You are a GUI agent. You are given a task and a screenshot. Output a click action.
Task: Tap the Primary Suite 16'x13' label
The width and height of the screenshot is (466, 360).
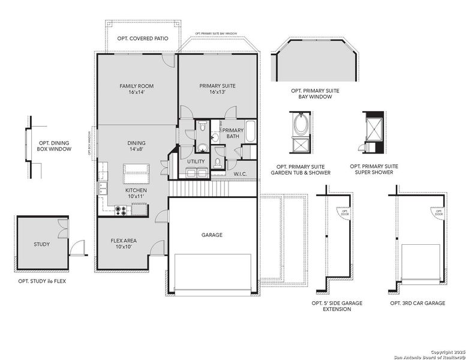point(217,89)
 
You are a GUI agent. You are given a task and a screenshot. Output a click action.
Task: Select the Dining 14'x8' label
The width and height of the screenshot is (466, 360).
point(136,146)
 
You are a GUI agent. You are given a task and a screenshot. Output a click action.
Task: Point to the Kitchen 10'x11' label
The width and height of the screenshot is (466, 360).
point(136,193)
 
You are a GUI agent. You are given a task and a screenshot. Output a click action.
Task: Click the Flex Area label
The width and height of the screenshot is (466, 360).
point(124,244)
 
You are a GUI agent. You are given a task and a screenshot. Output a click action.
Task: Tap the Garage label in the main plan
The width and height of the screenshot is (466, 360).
point(212,235)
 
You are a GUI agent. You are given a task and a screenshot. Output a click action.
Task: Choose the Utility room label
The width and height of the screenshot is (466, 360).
point(196,161)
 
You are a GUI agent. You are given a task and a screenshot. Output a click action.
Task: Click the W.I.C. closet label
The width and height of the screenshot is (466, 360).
point(241,174)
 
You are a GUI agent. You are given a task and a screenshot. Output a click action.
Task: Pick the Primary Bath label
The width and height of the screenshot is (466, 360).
point(233,134)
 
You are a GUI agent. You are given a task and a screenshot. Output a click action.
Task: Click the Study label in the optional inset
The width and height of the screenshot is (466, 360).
point(41,244)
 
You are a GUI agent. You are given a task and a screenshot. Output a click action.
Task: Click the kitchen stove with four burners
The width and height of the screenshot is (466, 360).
point(121,211)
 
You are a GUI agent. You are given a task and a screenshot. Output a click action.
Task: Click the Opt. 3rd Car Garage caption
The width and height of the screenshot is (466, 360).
point(417,303)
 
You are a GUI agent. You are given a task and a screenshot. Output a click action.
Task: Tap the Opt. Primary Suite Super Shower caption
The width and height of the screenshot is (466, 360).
point(374,169)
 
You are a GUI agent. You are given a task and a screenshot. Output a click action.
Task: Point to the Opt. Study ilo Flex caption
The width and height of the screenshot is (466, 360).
point(42,281)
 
